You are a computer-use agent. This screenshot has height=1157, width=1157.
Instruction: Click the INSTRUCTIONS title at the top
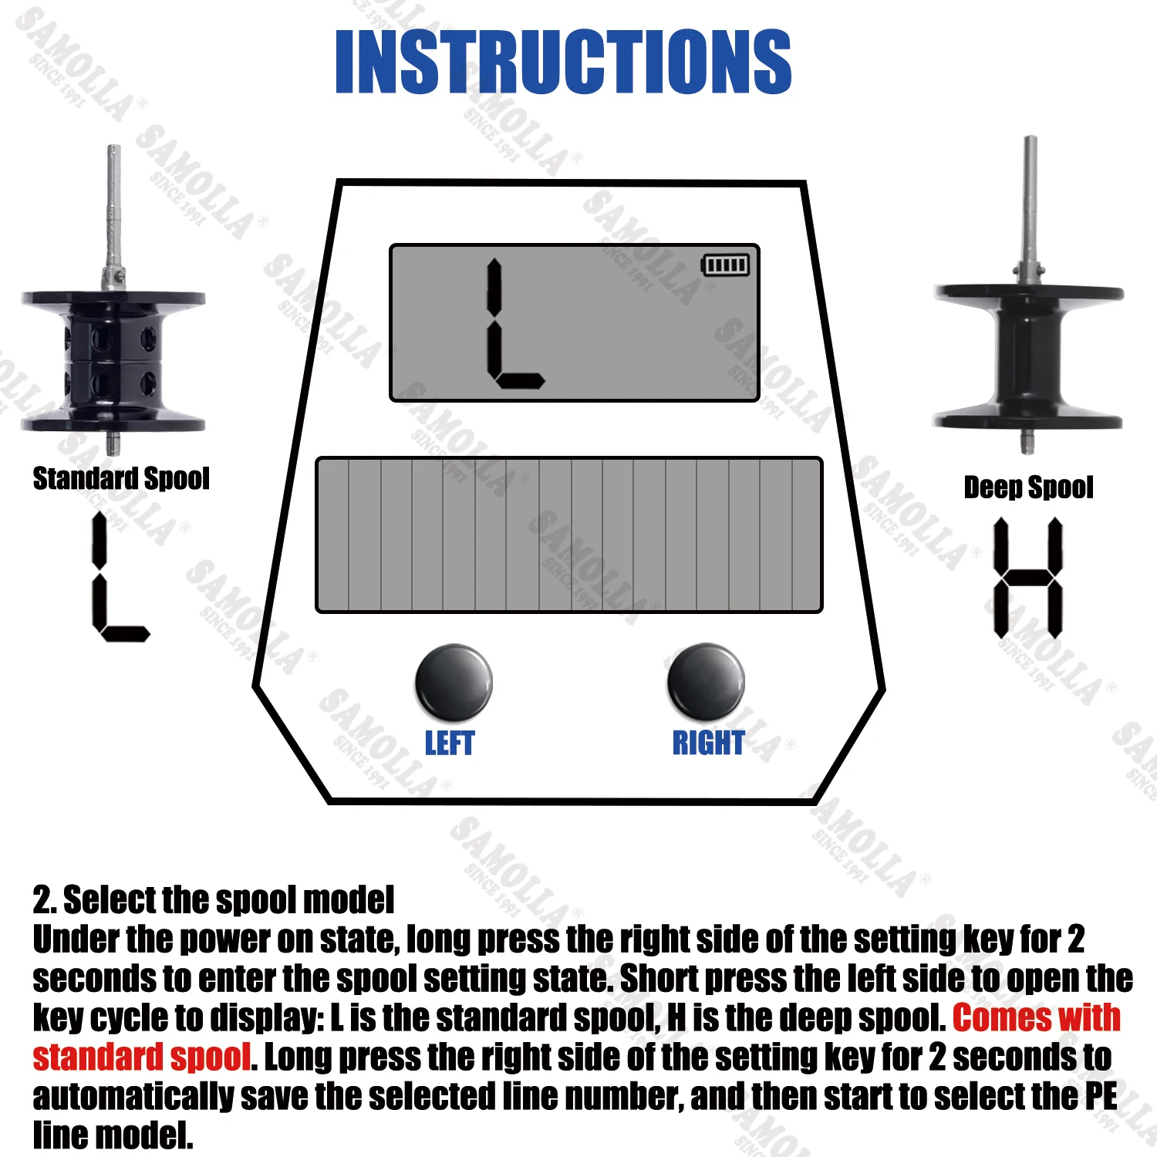(x=563, y=62)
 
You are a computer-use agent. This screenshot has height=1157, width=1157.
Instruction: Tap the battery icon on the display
(x=725, y=265)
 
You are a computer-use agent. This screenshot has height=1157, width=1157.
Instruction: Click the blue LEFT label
(x=450, y=743)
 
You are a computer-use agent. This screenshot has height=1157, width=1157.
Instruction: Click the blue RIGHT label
(x=708, y=743)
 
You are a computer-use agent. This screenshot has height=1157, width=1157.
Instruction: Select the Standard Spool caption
(x=121, y=479)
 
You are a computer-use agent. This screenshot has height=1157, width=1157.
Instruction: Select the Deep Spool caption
(x=1028, y=487)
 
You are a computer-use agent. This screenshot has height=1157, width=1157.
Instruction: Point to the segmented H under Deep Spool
(x=1028, y=578)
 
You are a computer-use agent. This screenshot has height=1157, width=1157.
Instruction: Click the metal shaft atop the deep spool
(x=1029, y=208)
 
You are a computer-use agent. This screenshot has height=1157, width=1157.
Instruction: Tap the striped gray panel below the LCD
(x=569, y=535)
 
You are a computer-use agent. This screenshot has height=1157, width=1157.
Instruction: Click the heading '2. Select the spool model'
(x=214, y=900)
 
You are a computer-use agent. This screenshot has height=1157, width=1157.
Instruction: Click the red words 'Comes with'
(x=1036, y=1017)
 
